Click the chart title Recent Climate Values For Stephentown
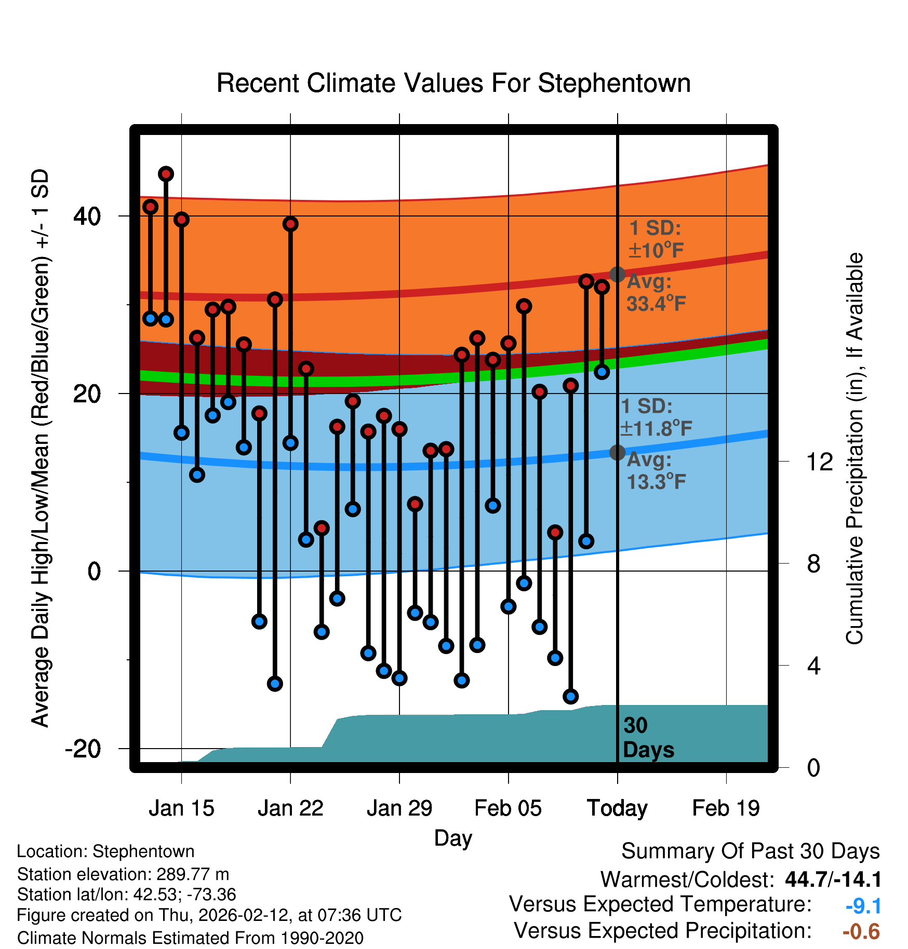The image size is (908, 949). click(x=453, y=83)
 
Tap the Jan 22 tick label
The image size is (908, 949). click(x=290, y=808)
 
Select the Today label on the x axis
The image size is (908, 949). click(x=617, y=808)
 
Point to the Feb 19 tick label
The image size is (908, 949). click(x=726, y=808)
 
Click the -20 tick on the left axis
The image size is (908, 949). click(x=83, y=749)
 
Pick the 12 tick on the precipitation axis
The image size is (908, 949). click(x=819, y=462)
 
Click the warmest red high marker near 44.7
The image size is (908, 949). click(x=166, y=174)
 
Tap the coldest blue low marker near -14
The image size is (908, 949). click(x=570, y=696)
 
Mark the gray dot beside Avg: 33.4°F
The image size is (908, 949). click(x=617, y=274)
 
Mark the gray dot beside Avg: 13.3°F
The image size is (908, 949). click(x=617, y=453)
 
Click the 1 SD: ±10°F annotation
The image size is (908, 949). click(x=656, y=239)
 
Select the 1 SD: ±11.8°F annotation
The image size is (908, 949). click(x=656, y=417)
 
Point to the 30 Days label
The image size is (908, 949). click(x=648, y=738)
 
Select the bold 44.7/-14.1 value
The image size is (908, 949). click(x=833, y=879)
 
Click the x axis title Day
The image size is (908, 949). click(x=453, y=838)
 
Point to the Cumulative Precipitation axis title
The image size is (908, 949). click(x=854, y=449)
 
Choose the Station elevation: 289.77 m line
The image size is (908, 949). click(x=123, y=874)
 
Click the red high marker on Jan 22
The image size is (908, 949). click(x=290, y=224)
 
